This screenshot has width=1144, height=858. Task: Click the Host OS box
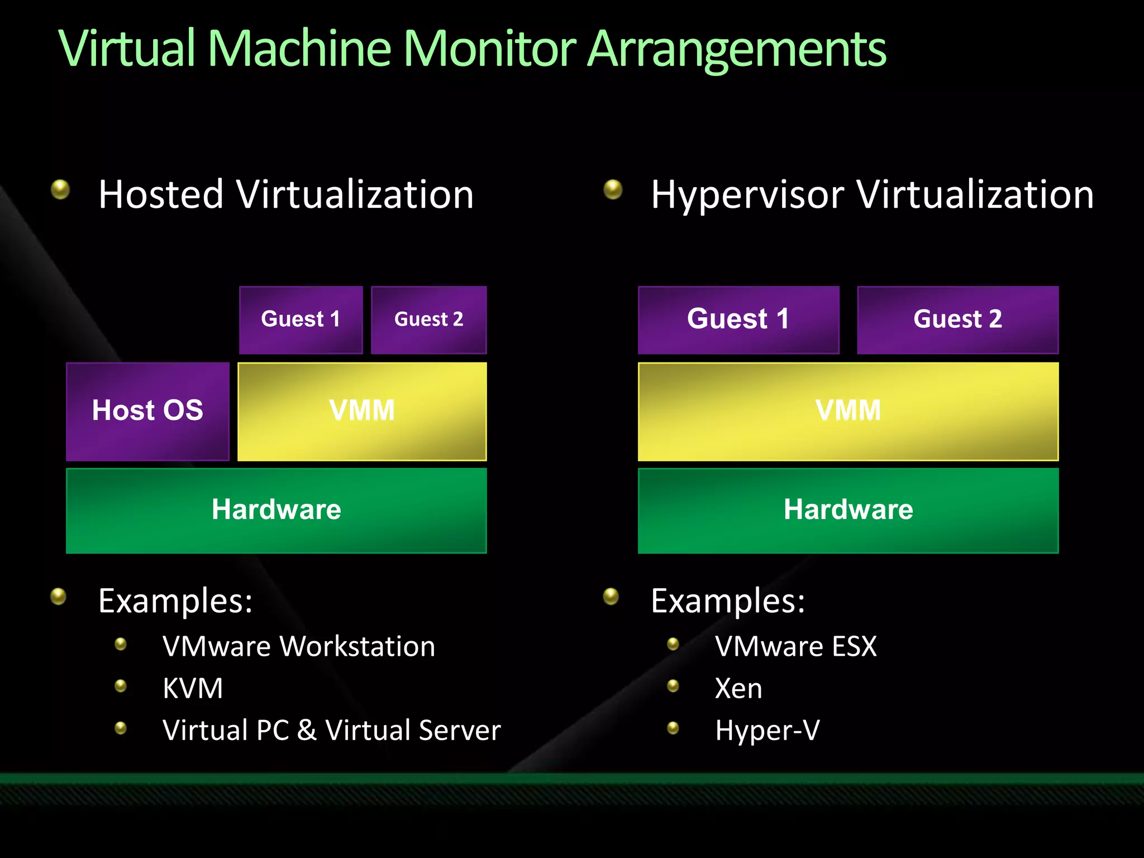[x=147, y=411]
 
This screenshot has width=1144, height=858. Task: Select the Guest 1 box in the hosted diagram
[x=301, y=320]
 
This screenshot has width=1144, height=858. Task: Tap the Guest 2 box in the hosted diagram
[x=428, y=320]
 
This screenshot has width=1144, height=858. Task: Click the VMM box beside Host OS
[x=362, y=411]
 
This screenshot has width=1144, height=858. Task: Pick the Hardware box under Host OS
[x=276, y=510]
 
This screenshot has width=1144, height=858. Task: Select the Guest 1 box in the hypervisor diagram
[x=738, y=320]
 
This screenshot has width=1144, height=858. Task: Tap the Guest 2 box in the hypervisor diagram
[x=957, y=320]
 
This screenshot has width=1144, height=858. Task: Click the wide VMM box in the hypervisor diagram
[x=848, y=411]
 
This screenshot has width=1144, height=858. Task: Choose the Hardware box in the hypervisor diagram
[x=848, y=510]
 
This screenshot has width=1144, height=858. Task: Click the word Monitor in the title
[x=489, y=49]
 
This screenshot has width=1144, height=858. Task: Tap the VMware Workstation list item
[x=299, y=646]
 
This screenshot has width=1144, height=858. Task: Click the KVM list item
[x=193, y=688]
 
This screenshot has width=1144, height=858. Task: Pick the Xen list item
[x=738, y=688]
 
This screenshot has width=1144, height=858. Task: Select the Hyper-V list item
[x=768, y=731]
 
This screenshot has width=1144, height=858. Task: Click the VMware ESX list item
[x=796, y=646]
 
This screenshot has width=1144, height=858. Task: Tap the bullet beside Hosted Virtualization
[x=60, y=189]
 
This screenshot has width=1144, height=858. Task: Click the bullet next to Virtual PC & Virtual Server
[x=121, y=728]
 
